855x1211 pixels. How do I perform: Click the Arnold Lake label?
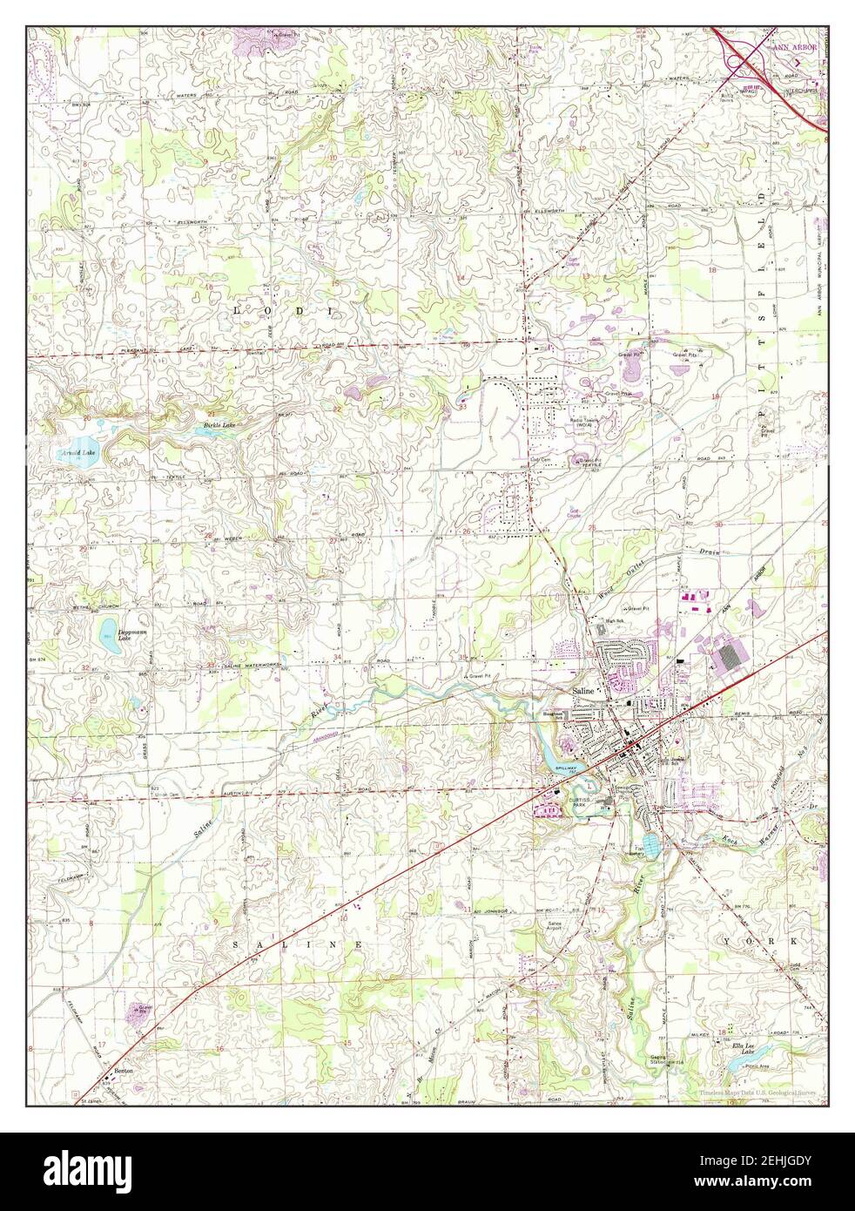(x=78, y=453)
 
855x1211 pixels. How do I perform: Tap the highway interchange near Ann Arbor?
(x=746, y=61)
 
